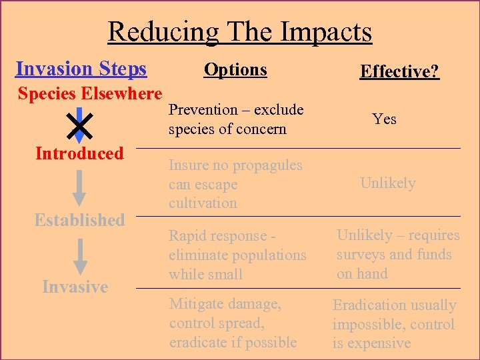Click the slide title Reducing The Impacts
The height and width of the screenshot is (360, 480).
tap(240, 31)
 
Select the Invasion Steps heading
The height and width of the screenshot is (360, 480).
tap(81, 69)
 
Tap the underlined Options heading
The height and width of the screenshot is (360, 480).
tap(235, 69)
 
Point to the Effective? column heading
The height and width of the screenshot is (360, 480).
tap(399, 71)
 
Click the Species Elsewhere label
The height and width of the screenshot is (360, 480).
tap(90, 93)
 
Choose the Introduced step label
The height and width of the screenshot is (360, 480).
tap(79, 153)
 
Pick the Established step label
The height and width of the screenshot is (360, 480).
tap(79, 220)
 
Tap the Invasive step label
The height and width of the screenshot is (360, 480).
tap(75, 287)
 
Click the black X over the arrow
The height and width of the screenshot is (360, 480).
tap(79, 124)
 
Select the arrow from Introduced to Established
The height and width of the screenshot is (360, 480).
tap(79, 187)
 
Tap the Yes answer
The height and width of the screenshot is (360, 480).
tap(385, 119)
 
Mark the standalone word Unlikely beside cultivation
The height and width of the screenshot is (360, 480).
tap(387, 183)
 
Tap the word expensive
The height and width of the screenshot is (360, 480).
tap(379, 343)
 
